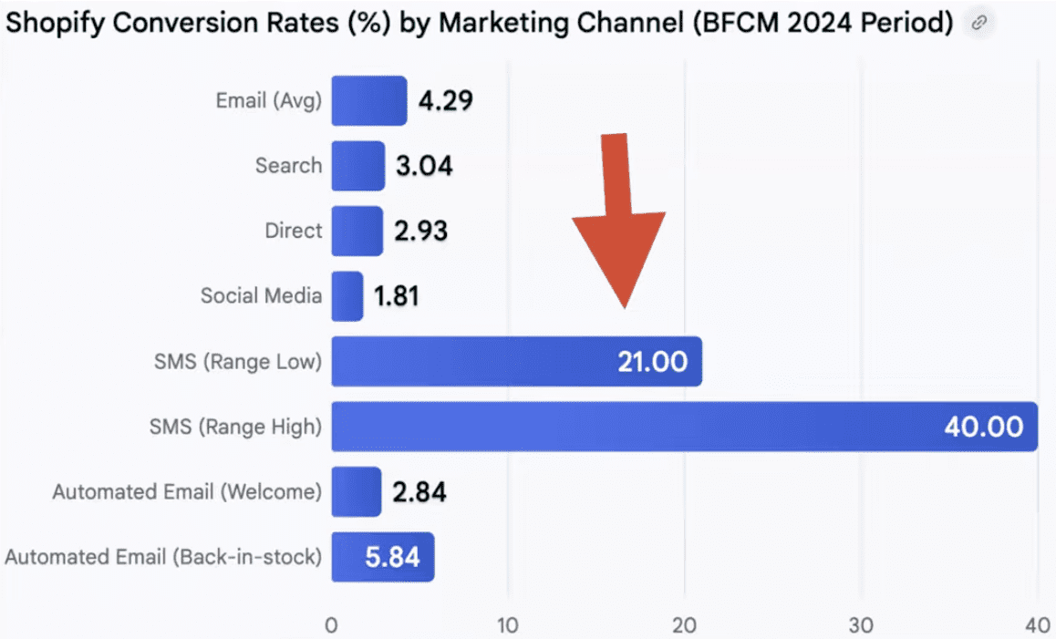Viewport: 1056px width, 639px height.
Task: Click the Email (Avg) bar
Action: (368, 100)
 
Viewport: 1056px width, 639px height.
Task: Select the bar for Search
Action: (357, 166)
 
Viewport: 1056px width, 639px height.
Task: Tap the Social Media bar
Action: (347, 296)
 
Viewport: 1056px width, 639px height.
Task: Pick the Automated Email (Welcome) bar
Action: (356, 492)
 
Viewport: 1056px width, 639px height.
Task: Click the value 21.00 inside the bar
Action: (652, 362)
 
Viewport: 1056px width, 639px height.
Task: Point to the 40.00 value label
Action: (983, 427)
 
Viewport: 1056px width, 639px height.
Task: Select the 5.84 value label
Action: (392, 557)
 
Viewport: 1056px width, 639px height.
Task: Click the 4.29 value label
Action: (445, 100)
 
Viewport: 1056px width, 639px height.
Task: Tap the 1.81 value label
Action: (396, 296)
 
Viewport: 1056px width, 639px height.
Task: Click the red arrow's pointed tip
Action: (624, 305)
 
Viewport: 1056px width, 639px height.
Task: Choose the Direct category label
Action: (293, 231)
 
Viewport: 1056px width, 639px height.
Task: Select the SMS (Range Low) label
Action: (238, 362)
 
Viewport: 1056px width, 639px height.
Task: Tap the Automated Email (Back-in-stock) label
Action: (163, 557)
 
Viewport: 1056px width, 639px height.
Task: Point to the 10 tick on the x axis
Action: (507, 625)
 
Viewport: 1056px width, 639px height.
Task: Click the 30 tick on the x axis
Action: (861, 625)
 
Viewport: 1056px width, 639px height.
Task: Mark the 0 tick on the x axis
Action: (331, 625)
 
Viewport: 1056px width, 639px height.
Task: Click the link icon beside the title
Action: (979, 24)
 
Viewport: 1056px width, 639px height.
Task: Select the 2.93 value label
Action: (420, 231)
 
